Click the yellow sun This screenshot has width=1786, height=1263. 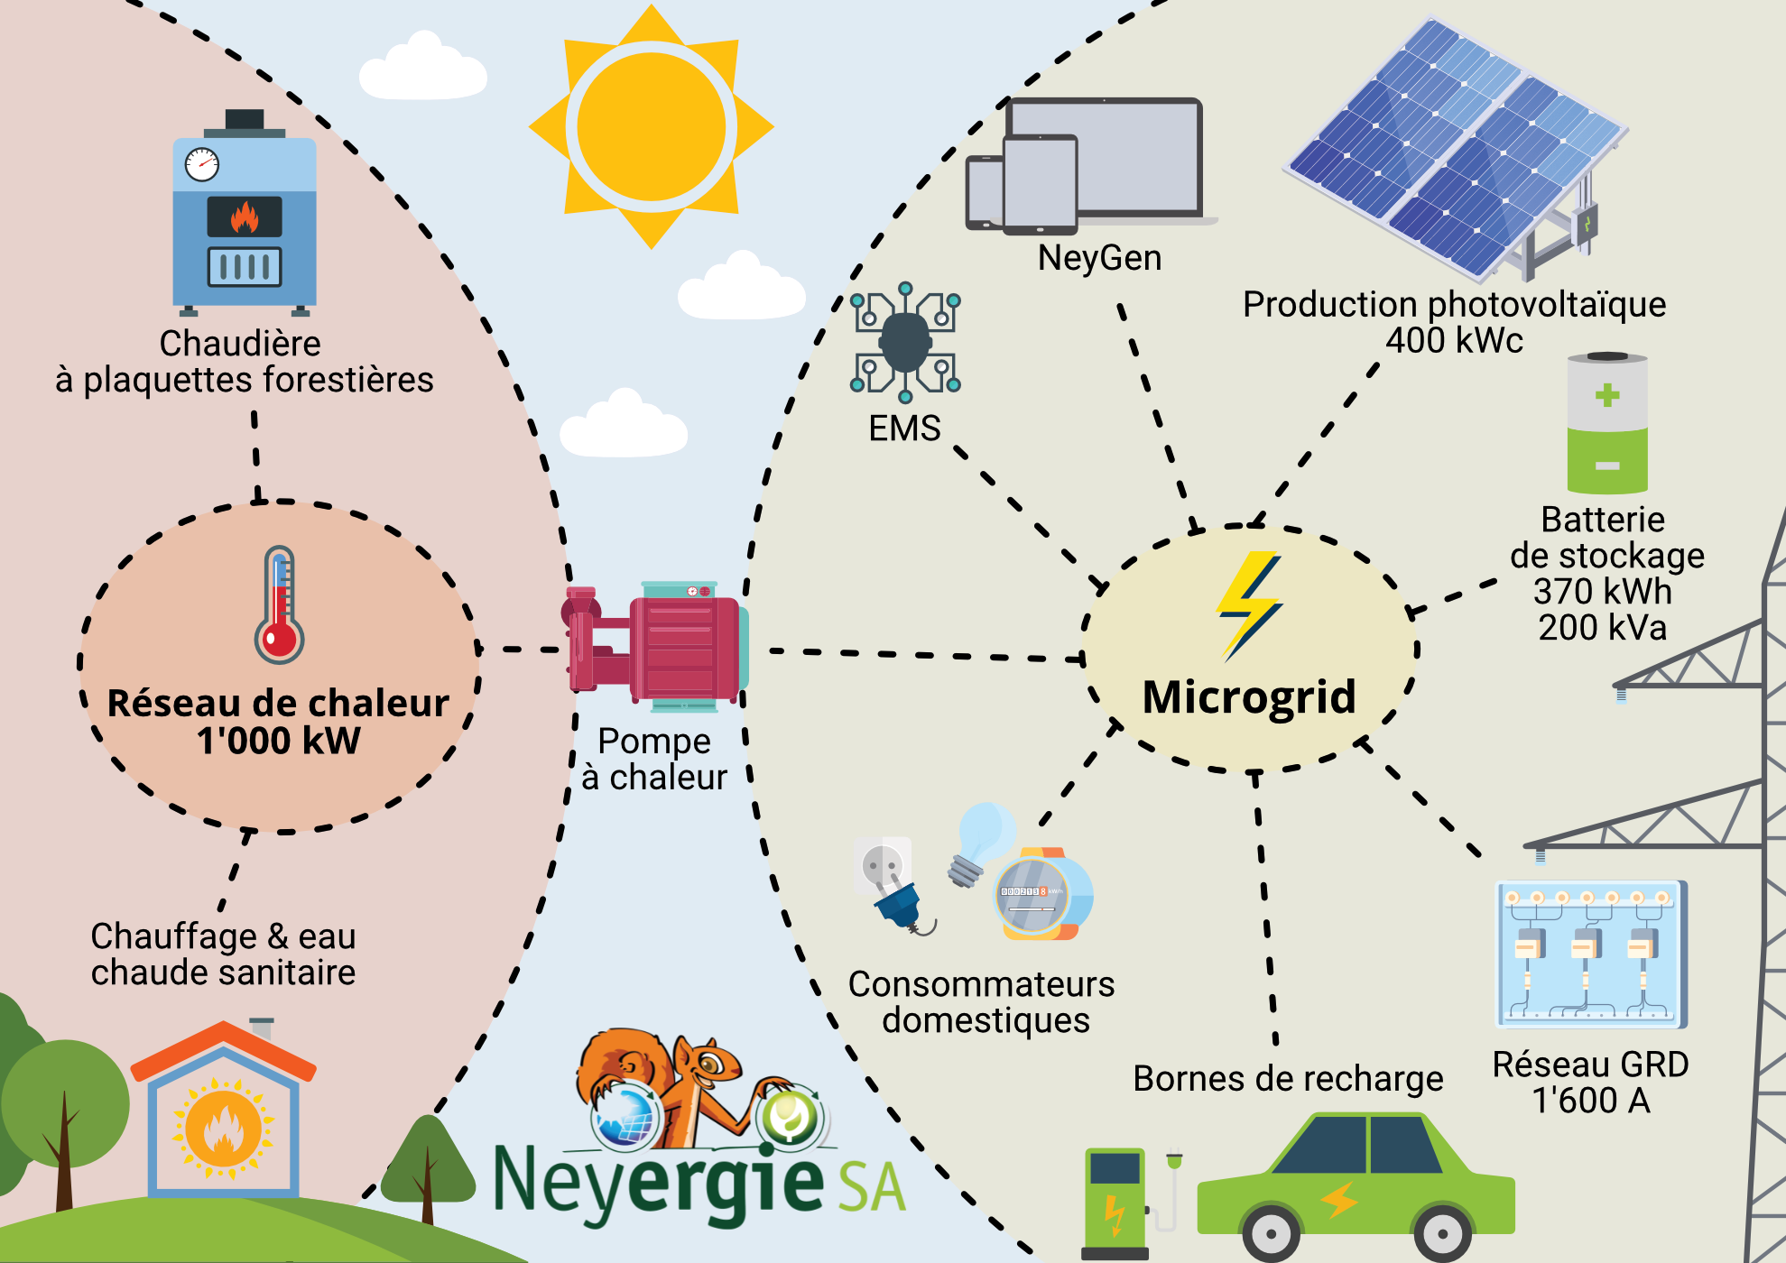pos(651,127)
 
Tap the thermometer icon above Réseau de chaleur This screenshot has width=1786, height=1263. pos(280,604)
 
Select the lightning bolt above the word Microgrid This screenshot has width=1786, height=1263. pos(1249,606)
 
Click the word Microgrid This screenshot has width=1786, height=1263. pos(1249,697)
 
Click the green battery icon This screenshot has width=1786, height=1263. pos(1607,423)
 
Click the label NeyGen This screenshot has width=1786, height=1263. pos(1099,258)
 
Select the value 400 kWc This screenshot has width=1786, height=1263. pos(1454,341)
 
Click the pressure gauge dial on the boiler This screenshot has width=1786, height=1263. pos(202,164)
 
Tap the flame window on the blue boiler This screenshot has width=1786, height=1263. pos(245,217)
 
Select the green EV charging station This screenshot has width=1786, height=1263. pos(1115,1203)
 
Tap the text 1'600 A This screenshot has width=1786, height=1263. pos(1591,1101)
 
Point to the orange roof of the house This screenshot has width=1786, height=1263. pos(223,1051)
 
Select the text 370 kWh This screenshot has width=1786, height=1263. pos(1603,592)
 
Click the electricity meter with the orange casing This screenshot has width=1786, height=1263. pos(1043,893)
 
